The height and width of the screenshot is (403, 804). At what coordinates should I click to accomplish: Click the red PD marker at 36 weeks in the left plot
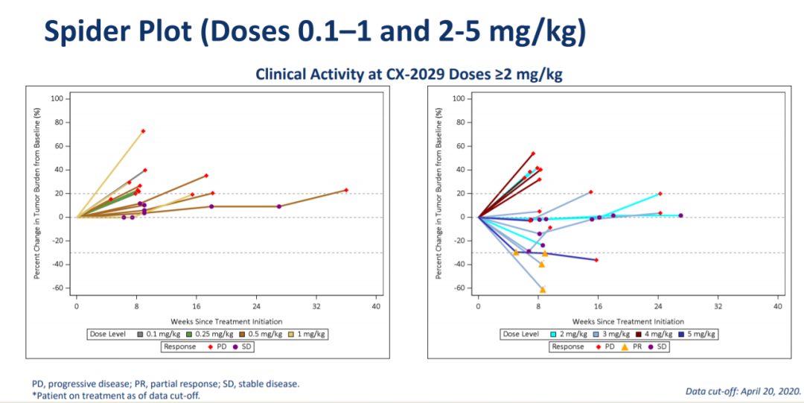point(346,191)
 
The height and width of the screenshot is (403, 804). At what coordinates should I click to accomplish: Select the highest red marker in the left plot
point(143,131)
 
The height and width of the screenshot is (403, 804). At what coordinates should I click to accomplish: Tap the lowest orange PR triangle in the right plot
point(543,290)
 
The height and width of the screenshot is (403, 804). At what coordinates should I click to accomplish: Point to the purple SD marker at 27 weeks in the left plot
point(279,206)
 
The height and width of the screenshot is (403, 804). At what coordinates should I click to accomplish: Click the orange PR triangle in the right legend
point(625,346)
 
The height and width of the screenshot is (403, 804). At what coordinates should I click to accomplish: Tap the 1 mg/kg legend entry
point(307,334)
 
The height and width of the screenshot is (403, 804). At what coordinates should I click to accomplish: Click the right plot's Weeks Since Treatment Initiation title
point(628,321)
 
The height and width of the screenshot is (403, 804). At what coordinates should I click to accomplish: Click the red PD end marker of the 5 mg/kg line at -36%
point(596,260)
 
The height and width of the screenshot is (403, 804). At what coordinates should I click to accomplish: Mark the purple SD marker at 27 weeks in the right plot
point(680,215)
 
